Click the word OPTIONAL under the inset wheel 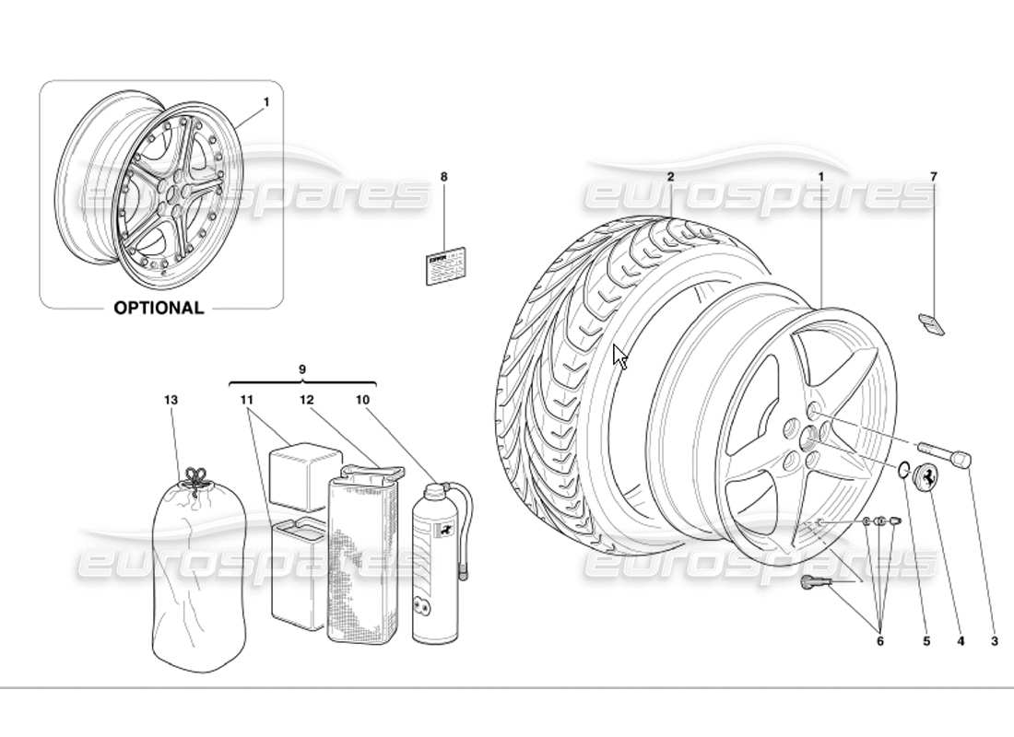pos(159,308)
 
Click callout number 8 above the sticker pos(443,176)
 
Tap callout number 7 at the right pos(933,176)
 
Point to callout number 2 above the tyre pos(671,176)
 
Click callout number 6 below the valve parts pos(879,641)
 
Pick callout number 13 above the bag pos(170,400)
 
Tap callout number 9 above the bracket pos(302,369)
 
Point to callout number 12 pos(306,400)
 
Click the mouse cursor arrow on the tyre pos(619,357)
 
